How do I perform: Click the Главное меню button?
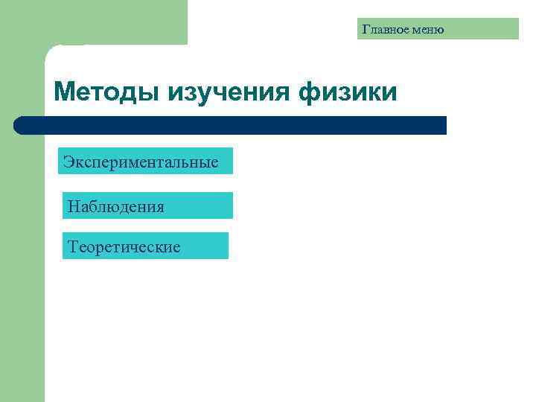(438, 29)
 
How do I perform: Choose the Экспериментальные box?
(145, 161)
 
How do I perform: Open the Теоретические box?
(145, 246)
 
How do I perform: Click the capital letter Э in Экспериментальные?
(68, 162)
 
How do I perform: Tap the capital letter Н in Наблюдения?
(73, 206)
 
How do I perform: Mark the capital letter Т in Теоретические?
(72, 246)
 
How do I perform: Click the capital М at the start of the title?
(65, 92)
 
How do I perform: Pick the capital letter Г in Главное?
(366, 30)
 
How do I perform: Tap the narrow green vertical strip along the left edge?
(22, 261)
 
